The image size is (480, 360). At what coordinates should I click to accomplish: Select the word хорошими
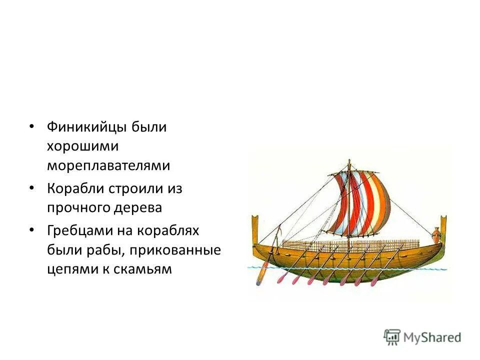pyautogui.click(x=83, y=146)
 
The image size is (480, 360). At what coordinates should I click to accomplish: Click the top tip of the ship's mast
pyautogui.click(x=348, y=161)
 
